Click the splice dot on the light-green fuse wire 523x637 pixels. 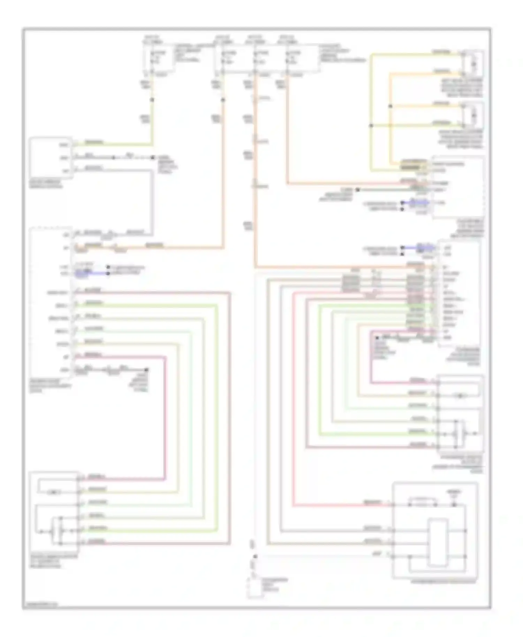(152, 100)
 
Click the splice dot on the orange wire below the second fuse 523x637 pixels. (223, 100)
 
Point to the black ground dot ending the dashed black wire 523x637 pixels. (152, 158)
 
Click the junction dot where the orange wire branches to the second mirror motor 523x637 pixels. (391, 106)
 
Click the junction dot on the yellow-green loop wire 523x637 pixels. (371, 125)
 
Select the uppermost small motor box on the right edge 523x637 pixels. (473, 64)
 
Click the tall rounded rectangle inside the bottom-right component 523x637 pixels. (438, 543)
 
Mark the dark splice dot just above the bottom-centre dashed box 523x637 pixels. (255, 557)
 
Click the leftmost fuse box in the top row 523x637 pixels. (159, 58)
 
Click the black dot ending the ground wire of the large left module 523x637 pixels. (146, 370)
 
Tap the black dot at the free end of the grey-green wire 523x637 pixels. (357, 190)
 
